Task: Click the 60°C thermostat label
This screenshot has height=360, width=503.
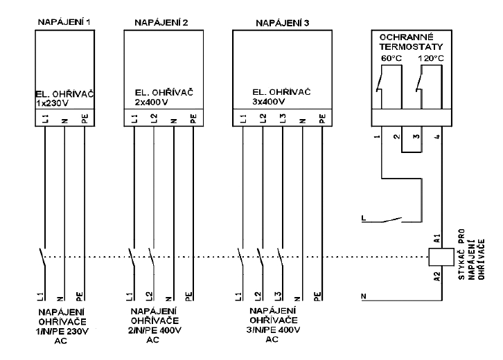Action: coord(392,58)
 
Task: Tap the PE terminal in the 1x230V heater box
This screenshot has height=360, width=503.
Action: coord(84,118)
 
